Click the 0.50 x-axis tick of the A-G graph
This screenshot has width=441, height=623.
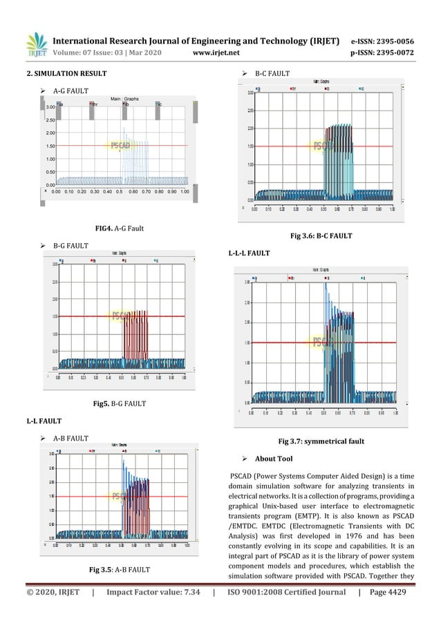(120, 193)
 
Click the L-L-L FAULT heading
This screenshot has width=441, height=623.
(249, 253)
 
